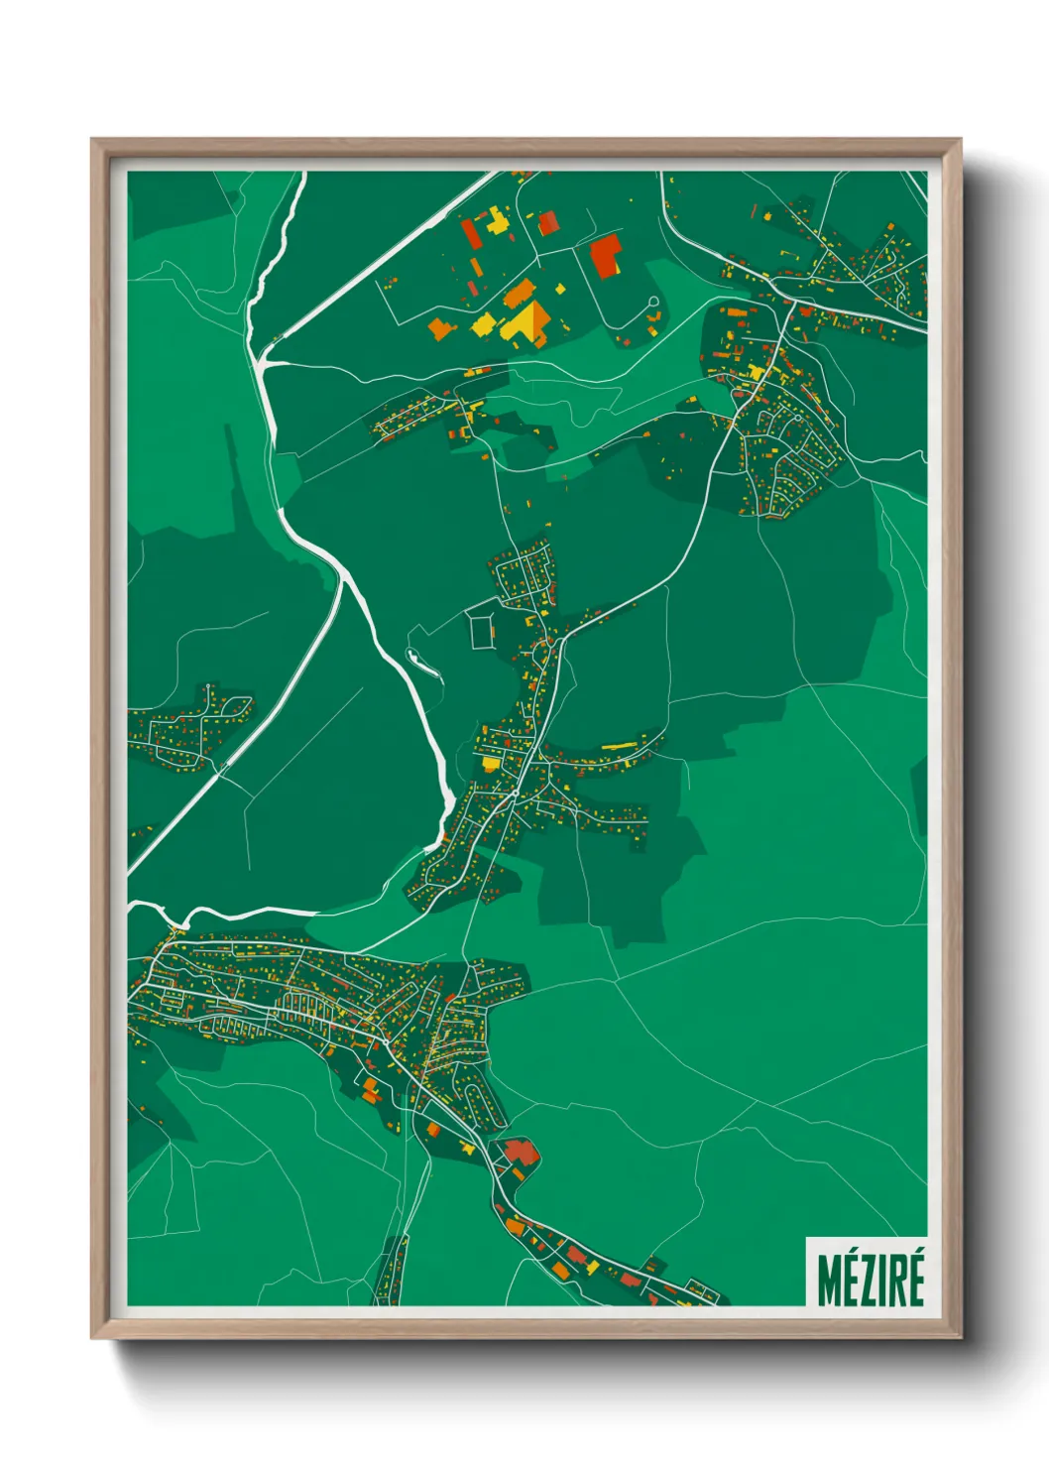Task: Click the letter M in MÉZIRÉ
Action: coord(829,1281)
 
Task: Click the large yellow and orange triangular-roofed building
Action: coord(527,323)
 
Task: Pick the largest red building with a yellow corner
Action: coord(605,257)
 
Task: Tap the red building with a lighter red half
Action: coord(547,223)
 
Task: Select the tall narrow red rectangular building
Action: coord(470,233)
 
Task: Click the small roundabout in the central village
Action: coord(517,795)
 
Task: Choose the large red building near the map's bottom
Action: coord(520,1153)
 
